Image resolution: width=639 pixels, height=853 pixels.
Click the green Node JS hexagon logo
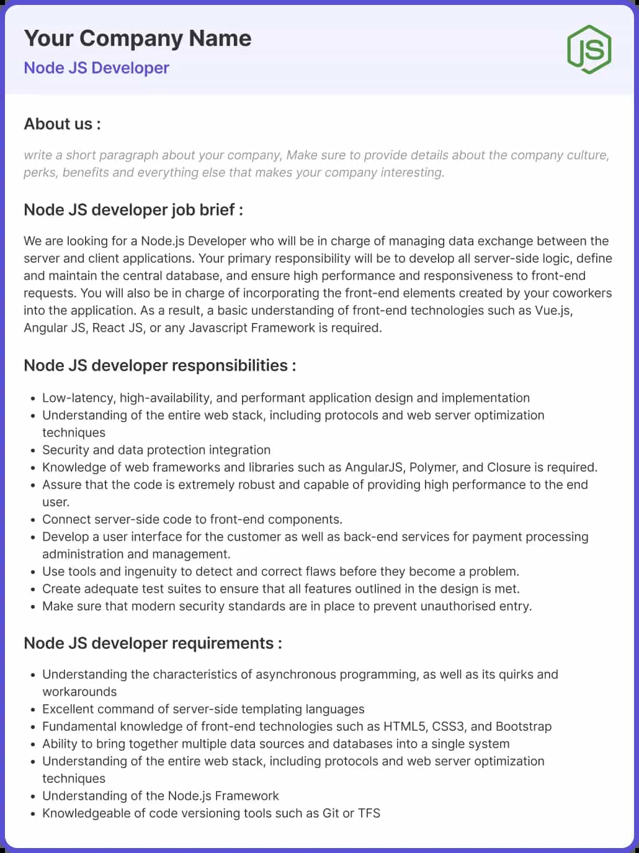point(589,50)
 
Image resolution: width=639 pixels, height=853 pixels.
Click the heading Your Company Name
point(138,38)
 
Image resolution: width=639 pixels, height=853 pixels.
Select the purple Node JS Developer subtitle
point(96,68)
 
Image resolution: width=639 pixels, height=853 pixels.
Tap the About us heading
point(62,124)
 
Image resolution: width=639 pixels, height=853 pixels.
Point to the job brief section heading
point(133,210)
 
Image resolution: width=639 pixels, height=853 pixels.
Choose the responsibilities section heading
point(159,365)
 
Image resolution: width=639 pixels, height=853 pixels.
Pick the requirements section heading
point(153,643)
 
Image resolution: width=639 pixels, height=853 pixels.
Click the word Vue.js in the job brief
point(553,311)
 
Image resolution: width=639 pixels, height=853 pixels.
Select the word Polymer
point(432,467)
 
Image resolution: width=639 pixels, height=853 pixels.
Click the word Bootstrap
point(524,727)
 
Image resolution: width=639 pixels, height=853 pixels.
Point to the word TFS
point(369,813)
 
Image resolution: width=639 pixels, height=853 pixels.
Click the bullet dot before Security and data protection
point(33,451)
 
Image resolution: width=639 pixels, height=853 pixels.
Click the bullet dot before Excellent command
point(33,710)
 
